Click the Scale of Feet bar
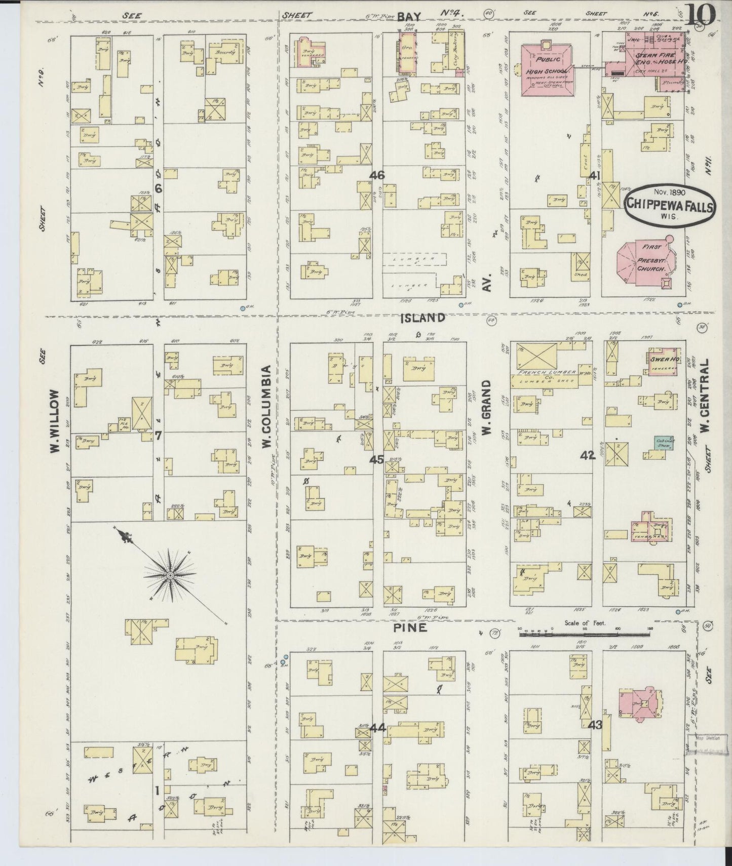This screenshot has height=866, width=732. click(x=585, y=633)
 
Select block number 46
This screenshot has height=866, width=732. click(x=376, y=175)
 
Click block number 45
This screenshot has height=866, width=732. click(x=376, y=459)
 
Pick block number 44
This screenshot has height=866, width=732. click(x=377, y=728)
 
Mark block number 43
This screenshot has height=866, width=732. click(x=595, y=725)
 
